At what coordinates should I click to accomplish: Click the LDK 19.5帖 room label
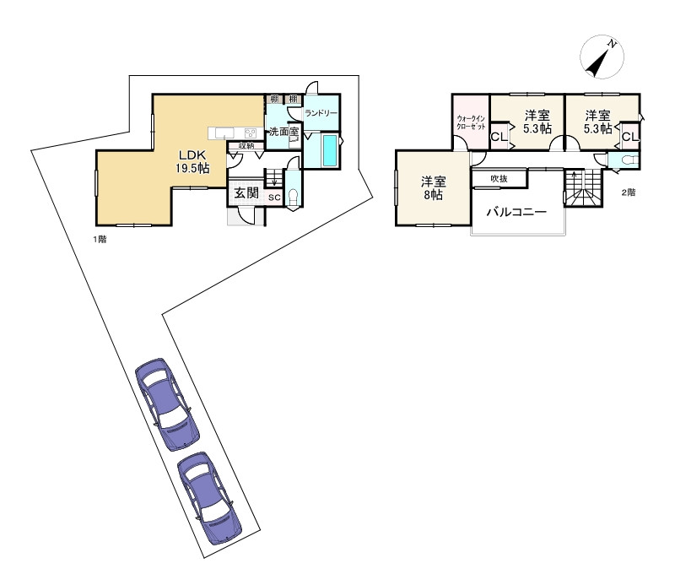(x=192, y=161)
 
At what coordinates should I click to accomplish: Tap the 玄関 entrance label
(x=246, y=193)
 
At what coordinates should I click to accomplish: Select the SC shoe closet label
(x=274, y=198)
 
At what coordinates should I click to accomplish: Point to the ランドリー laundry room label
(x=321, y=113)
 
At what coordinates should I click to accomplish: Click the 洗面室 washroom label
(x=283, y=132)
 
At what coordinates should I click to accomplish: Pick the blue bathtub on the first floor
(x=329, y=150)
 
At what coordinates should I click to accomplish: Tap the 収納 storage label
(x=246, y=145)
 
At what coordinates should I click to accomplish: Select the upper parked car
(x=167, y=404)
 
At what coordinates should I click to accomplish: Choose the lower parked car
(x=209, y=497)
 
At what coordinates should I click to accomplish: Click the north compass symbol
(x=602, y=57)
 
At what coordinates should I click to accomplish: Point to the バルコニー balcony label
(x=516, y=212)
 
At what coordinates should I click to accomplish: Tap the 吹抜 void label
(x=499, y=178)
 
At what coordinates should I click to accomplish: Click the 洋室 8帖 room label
(x=433, y=187)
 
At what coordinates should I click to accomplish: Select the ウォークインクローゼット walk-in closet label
(x=471, y=122)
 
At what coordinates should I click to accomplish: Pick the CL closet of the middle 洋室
(x=499, y=137)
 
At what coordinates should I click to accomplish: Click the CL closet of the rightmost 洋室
(x=630, y=137)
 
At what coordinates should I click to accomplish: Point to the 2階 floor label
(x=628, y=192)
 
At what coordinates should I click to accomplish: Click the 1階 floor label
(x=100, y=239)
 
